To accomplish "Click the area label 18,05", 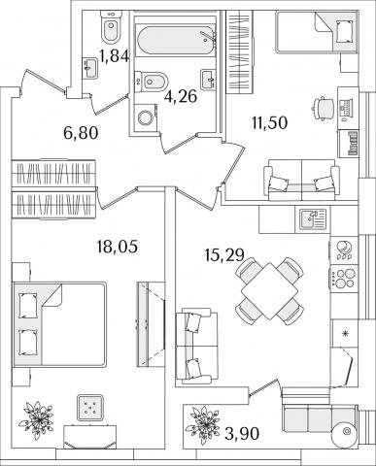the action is coord(117,247).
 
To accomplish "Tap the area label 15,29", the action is coord(224,255).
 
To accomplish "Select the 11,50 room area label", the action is coord(270,123).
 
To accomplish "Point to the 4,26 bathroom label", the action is coord(181,96).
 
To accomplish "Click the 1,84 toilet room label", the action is coord(115,56).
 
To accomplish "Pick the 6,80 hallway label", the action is coord(81,133).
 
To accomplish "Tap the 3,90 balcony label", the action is coord(242,434).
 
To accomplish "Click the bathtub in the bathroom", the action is coord(175,42).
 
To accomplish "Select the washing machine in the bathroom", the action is coord(145,117).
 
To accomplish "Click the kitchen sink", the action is coord(313,219).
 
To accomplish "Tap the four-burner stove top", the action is coord(344,278).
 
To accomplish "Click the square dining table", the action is coord(269,290).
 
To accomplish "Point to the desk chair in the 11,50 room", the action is coord(323,109).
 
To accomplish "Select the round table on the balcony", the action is coord(346,431).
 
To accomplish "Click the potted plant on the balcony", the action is coord(203,424).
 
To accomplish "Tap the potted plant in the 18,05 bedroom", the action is coord(36,419).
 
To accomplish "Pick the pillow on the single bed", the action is coord(344,31).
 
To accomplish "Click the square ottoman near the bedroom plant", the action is coord(90,408).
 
